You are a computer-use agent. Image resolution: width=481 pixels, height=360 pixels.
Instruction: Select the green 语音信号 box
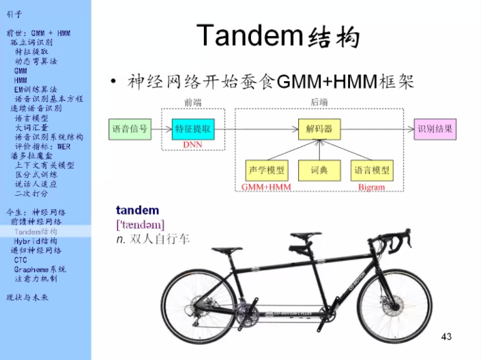click(130, 128)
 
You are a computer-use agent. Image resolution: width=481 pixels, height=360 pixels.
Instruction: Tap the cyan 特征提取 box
click(194, 128)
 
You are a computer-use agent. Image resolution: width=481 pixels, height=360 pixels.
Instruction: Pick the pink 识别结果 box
click(435, 128)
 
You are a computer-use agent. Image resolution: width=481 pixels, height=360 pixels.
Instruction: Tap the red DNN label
click(194, 145)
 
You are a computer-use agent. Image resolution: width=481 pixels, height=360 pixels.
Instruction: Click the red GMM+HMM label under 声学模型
click(265, 187)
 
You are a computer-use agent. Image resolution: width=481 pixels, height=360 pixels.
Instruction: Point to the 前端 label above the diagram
click(193, 102)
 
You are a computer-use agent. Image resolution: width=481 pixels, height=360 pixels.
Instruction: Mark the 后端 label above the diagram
click(320, 102)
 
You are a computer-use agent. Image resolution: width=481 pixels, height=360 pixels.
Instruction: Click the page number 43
click(447, 336)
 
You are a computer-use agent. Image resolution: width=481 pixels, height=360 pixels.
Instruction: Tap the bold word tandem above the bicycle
click(137, 210)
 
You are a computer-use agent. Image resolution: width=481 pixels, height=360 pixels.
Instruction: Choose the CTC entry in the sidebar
click(20, 260)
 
